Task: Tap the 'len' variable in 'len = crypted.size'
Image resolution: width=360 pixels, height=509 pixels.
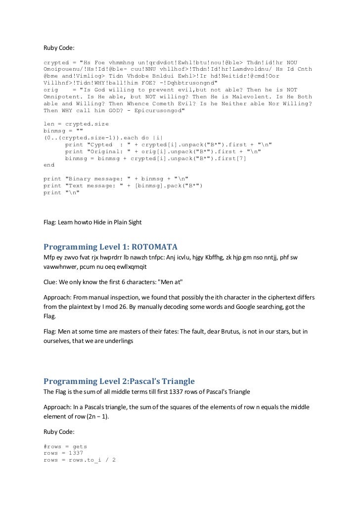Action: pos(49,124)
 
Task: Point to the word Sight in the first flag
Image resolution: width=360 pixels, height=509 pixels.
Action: pos(134,222)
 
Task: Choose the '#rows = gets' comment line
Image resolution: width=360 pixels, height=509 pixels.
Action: pos(65,446)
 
